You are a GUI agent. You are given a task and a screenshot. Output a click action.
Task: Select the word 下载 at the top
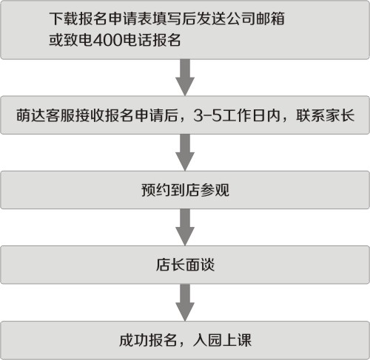[x=64, y=18]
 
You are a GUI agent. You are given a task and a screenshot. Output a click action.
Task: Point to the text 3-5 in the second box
[x=207, y=115]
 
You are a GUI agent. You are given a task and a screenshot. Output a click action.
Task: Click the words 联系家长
[x=326, y=115]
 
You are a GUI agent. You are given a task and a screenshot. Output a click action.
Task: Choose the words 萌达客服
[x=45, y=115]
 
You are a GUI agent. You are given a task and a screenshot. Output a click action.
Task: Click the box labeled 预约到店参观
[x=185, y=190]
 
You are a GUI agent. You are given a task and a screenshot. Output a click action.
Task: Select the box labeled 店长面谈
[x=185, y=265]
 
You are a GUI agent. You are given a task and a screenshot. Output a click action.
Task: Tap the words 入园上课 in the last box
[x=222, y=340]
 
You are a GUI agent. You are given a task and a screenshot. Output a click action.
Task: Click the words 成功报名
[x=148, y=340]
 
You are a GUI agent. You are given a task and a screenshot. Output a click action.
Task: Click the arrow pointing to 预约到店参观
[x=185, y=152]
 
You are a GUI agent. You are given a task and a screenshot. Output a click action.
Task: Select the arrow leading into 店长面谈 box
[x=185, y=227]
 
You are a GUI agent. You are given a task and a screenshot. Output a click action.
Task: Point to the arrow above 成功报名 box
[x=185, y=302]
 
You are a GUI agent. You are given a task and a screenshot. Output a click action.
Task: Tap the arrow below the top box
[x=185, y=78]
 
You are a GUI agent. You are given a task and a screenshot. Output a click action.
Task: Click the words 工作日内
[x=251, y=115]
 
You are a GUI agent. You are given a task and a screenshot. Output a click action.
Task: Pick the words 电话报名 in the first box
[x=152, y=40]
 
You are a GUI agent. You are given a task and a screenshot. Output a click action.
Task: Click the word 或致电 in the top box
[x=71, y=40]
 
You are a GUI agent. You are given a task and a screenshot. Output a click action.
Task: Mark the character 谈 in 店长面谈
[x=207, y=265]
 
